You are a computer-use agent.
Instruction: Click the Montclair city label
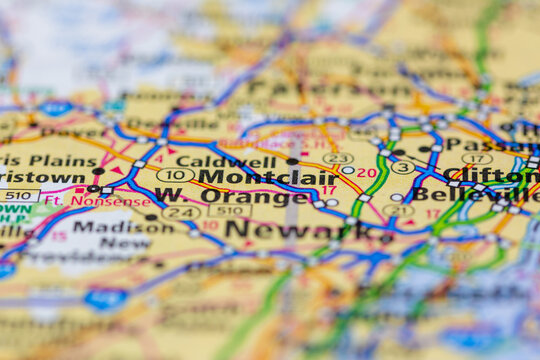point(254,176)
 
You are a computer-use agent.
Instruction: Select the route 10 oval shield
point(175,175)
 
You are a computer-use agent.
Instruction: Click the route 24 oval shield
point(181,212)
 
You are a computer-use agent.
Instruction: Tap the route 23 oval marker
point(338,158)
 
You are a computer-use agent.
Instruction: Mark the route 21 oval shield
point(398,210)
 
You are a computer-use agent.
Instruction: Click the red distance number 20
point(367,172)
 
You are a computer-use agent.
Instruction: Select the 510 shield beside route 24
point(230,210)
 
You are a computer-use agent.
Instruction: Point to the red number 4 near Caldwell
point(158,157)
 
